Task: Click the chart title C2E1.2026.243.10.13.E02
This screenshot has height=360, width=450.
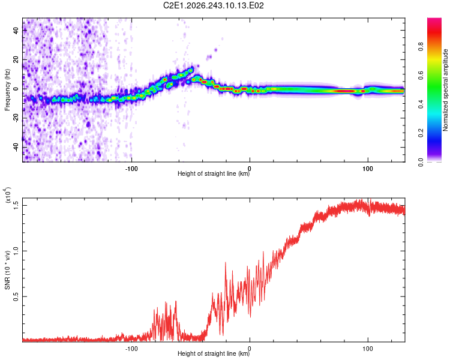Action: (x=213, y=5)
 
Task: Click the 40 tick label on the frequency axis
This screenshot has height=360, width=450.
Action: (x=16, y=31)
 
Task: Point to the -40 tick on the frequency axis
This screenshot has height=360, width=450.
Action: (x=16, y=147)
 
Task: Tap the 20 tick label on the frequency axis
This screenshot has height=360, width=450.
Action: (x=16, y=60)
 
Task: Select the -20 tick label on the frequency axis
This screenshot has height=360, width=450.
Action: (x=16, y=118)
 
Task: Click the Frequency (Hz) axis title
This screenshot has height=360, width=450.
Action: (x=7, y=90)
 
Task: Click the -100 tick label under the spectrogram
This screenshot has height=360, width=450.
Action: (x=131, y=169)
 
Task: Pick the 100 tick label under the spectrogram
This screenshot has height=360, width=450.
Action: (x=368, y=169)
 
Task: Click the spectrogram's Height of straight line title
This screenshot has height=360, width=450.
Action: (x=214, y=173)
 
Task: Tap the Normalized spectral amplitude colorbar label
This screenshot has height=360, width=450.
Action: (x=445, y=90)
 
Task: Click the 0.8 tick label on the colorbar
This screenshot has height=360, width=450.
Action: (x=421, y=46)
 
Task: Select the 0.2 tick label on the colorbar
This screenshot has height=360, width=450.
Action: (x=421, y=133)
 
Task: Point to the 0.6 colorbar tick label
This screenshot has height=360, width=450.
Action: (x=421, y=75)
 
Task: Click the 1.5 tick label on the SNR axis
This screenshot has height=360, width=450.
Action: (x=16, y=206)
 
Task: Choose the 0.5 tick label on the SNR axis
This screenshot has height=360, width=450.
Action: (x=16, y=296)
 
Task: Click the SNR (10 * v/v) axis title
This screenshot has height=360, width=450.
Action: (x=7, y=270)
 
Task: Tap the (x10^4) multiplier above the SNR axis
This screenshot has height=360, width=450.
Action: (x=8, y=195)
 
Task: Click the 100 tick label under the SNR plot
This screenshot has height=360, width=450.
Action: (x=368, y=349)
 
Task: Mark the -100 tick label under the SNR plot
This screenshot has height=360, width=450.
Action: (x=131, y=349)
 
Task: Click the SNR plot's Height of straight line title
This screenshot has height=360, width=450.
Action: (x=214, y=353)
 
